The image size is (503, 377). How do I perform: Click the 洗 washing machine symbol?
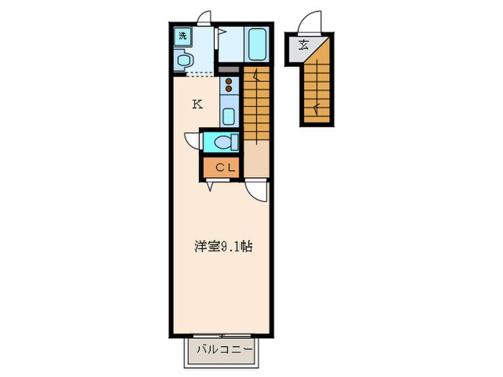tap(183, 34)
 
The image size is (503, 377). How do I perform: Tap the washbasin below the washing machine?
tap(185, 60)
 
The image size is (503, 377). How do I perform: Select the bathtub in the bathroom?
tap(257, 45)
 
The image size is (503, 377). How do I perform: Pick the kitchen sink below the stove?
tap(229, 115)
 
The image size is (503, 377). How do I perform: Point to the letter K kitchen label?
tap(196, 104)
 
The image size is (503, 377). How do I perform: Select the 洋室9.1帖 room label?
tap(222, 246)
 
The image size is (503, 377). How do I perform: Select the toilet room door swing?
tap(193, 141)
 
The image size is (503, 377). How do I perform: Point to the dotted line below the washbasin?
tap(195, 74)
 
